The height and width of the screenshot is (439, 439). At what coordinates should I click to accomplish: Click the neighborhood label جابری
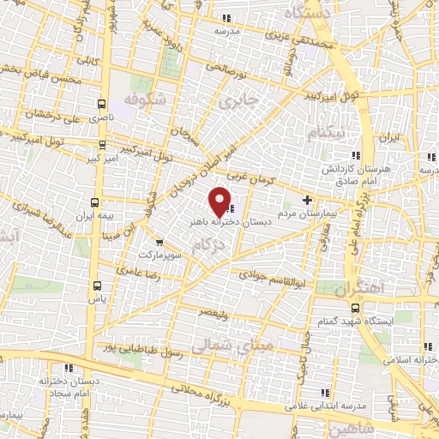click(238, 102)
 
